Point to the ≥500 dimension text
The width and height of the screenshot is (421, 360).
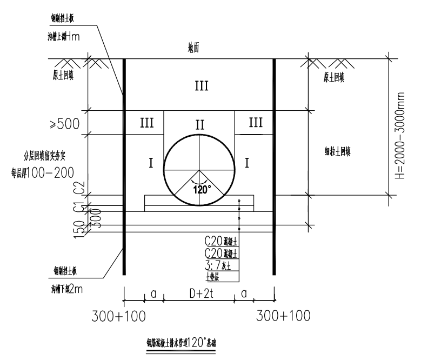[65, 124]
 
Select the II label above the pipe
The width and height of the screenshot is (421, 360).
[200, 125]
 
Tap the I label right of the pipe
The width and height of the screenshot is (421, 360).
[248, 163]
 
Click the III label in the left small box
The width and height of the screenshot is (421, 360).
[146, 123]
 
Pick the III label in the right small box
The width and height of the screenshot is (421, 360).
[256, 123]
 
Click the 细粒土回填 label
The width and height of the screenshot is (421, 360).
[338, 152]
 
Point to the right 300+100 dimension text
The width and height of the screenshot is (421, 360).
[283, 315]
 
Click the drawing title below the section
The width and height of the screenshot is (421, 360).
[181, 343]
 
